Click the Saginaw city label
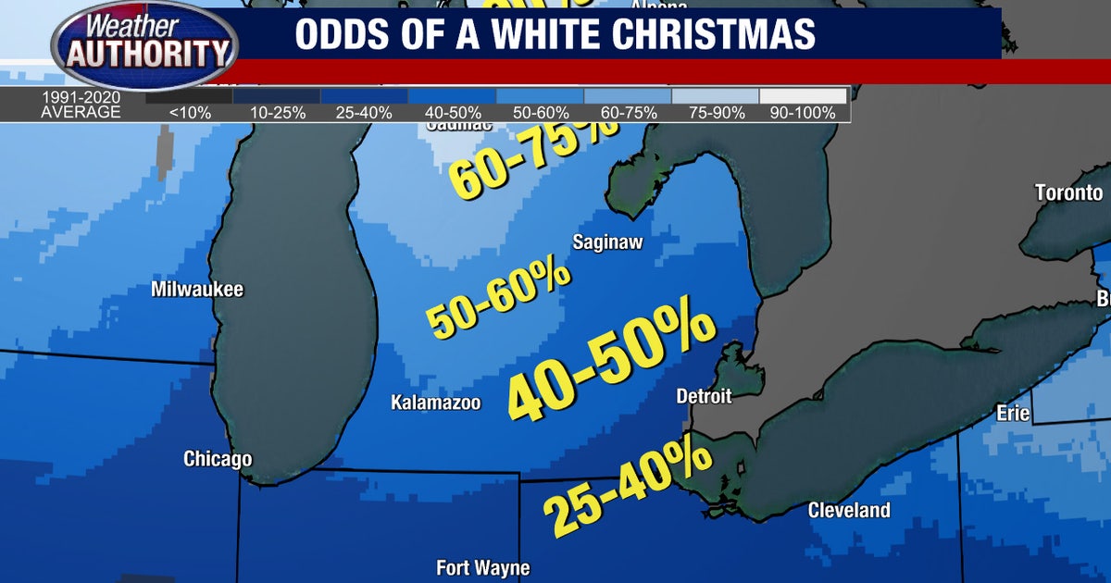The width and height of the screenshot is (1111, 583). [607, 242]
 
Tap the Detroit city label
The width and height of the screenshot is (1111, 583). [704, 396]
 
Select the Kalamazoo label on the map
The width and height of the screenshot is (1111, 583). [436, 403]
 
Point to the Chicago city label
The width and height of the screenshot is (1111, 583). [218, 459]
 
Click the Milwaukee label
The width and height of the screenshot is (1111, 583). [197, 290]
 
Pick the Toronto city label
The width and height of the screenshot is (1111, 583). [1069, 192]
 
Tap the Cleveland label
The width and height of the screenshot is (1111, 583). [849, 510]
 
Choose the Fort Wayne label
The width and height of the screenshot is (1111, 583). [483, 567]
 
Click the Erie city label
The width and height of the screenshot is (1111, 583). [1013, 414]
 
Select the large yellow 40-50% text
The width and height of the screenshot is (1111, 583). [612, 365]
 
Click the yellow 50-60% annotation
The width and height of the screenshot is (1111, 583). [498, 296]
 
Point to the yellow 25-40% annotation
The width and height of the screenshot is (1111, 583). [626, 487]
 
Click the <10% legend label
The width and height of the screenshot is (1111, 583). [190, 113]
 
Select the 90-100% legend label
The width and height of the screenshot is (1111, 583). [802, 113]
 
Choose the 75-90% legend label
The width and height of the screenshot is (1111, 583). [716, 113]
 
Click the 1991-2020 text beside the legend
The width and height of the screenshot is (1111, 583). [80, 96]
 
